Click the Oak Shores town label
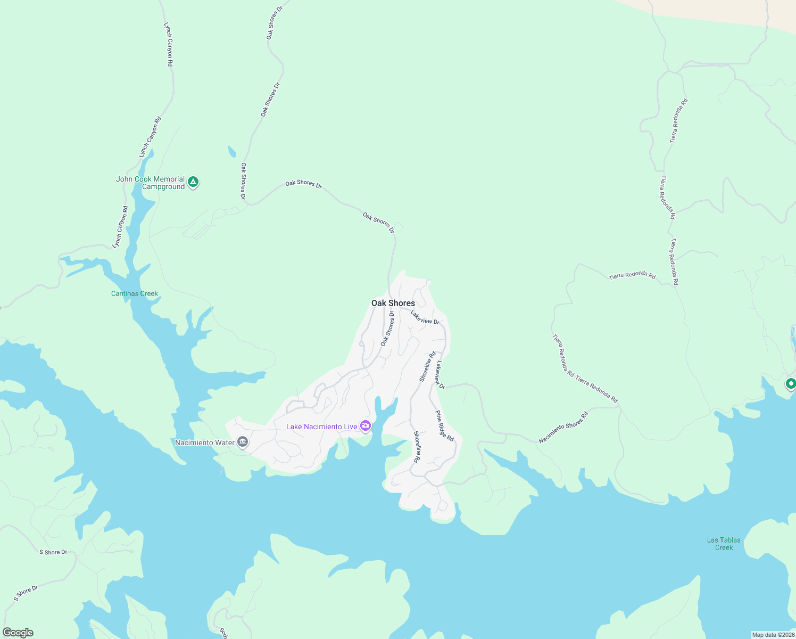(393, 303)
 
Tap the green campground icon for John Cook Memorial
(194, 182)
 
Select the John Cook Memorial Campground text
(151, 183)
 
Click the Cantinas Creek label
(135, 293)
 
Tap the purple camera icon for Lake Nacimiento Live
(366, 426)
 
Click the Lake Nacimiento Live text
(321, 427)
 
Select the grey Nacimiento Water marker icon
(243, 442)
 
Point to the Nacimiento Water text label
(205, 443)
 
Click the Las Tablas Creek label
(724, 544)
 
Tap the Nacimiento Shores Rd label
(563, 428)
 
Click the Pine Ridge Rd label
(444, 426)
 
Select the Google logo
(18, 633)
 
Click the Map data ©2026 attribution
(773, 635)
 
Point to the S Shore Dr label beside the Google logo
(26, 593)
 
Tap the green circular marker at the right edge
(791, 383)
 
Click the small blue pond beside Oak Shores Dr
(231, 152)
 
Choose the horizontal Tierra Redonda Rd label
(632, 275)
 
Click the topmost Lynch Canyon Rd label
(168, 44)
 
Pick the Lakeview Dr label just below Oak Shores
(425, 317)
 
